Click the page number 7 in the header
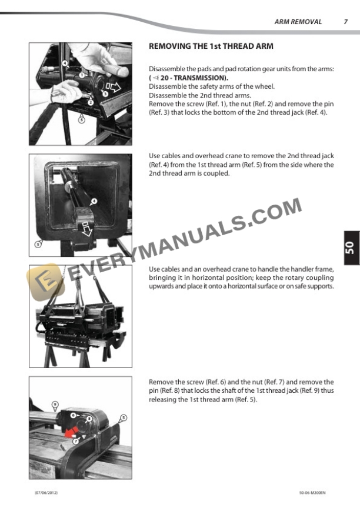[x=345, y=22]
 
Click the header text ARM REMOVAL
[x=298, y=22]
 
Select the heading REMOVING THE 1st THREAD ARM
[x=211, y=46]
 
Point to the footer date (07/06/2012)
[x=45, y=491]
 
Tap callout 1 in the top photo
[x=83, y=75]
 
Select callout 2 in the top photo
[x=91, y=102]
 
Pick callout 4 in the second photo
[x=93, y=200]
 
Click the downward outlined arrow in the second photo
[x=86, y=227]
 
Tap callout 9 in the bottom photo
[x=55, y=405]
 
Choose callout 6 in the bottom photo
[x=73, y=415]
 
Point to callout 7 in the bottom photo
[x=76, y=440]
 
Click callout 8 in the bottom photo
[x=88, y=419]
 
